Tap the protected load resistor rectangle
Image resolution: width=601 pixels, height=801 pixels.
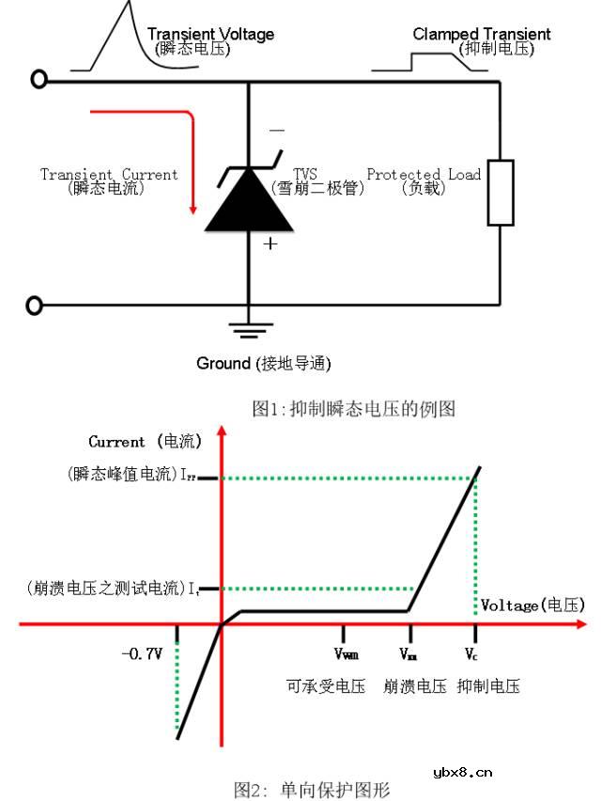pos(501,193)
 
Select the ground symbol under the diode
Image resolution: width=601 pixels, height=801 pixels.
pos(249,329)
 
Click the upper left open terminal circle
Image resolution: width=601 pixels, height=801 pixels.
pos(39,80)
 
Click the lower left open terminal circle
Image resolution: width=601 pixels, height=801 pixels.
pos(37,306)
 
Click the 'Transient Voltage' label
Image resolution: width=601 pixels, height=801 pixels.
pos(211,35)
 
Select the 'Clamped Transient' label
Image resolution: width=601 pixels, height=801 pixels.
pos(482,35)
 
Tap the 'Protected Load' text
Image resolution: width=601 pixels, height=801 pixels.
pos(424,174)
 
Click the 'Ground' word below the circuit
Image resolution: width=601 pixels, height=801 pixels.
pos(223,363)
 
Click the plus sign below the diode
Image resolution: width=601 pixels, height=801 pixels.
pos(270,243)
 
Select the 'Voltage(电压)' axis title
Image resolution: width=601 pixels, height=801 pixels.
pos(532,605)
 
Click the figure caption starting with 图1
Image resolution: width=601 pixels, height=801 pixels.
pos(353,408)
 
